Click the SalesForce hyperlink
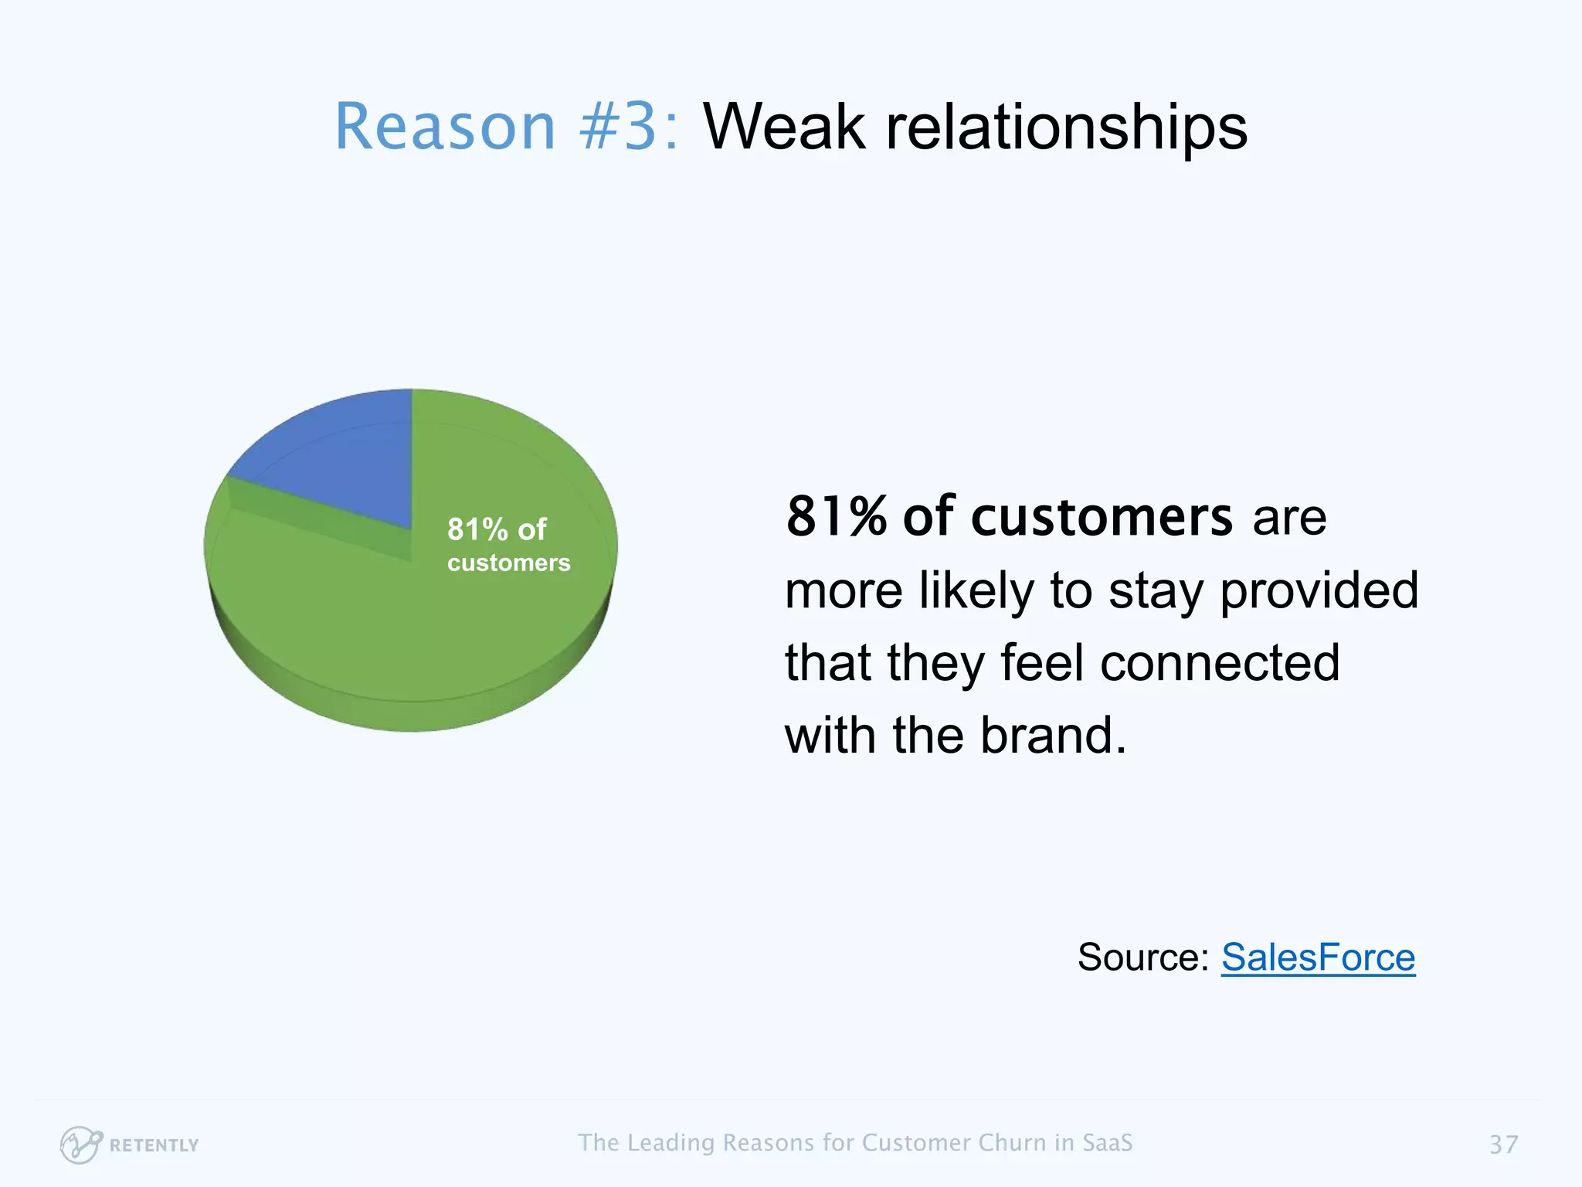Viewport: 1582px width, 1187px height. pos(1318,958)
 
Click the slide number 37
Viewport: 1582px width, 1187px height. pos(1503,1144)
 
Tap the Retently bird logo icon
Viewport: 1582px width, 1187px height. pos(80,1144)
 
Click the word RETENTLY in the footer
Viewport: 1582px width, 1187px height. pos(154,1145)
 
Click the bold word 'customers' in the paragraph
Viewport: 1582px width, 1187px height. pos(1102,516)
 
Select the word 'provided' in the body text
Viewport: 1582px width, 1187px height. pos(1319,590)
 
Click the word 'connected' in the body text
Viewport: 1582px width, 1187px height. pos(1220,663)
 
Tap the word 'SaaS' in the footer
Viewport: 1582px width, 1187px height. pos(1107,1143)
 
